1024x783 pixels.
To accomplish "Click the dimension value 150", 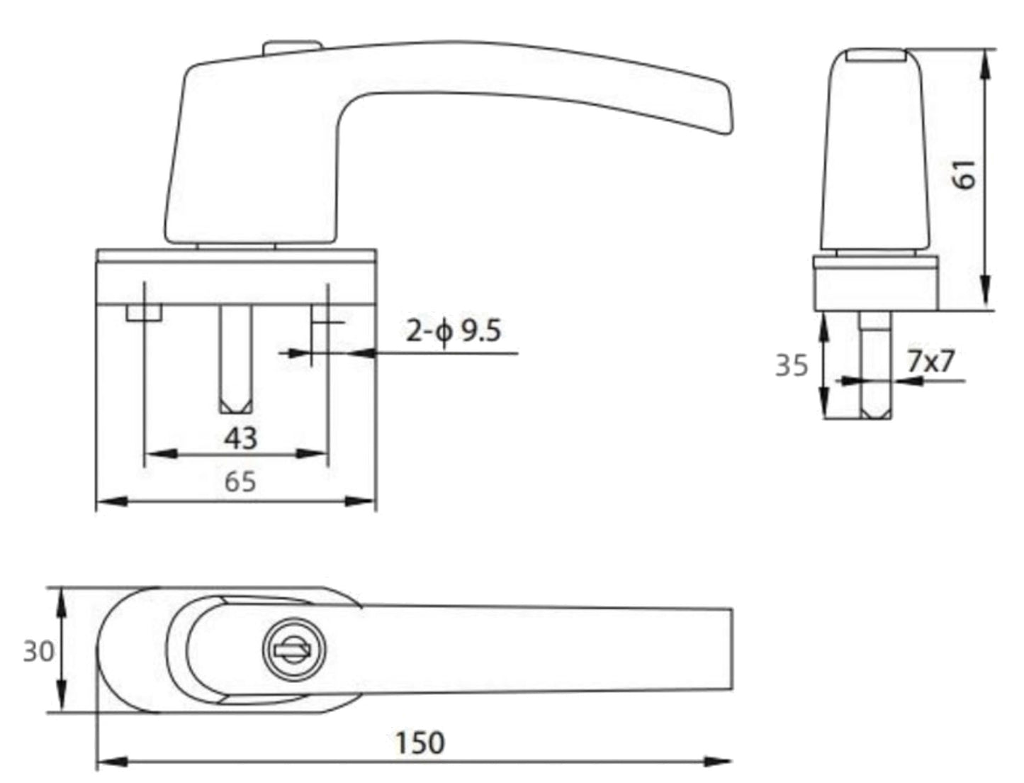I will (420, 742).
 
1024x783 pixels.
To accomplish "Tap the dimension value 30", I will (38, 650).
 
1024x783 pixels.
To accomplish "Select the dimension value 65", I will (240, 482).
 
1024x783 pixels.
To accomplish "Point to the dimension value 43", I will (240, 438).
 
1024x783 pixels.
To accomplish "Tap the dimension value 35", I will (792, 366).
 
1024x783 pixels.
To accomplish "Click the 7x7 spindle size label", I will (931, 362).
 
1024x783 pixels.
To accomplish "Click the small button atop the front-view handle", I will (292, 47).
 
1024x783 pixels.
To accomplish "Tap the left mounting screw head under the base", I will (144, 313).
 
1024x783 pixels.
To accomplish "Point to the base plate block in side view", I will (875, 285).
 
